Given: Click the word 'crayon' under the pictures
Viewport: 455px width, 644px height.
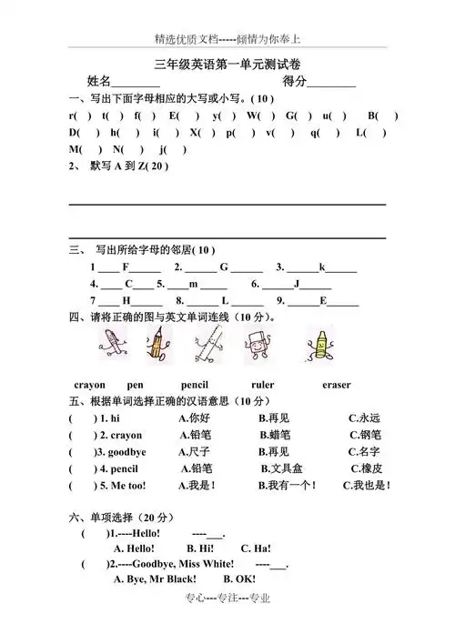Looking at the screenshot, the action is (89, 385).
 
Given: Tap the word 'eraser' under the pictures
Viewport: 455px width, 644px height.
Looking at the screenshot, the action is (336, 385).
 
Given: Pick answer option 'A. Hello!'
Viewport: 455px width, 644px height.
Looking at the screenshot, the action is (134, 549).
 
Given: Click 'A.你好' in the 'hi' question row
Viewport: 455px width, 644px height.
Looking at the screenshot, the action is (195, 418).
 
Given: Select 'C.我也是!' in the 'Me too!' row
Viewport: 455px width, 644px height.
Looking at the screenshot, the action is (366, 486).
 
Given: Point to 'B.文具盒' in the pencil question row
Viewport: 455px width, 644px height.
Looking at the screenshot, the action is (281, 468).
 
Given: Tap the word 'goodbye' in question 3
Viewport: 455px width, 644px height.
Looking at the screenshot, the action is (126, 452).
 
